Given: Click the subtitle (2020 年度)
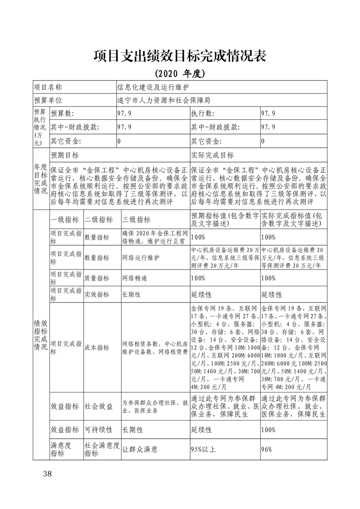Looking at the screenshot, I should tap(180, 73).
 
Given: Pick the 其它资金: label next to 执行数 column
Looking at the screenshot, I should tap(207, 141).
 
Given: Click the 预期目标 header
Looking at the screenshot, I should tap(65, 155).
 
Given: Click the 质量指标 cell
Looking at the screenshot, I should tap(97, 278).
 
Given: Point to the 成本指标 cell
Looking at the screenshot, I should tap(97, 347).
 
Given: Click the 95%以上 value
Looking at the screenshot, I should tap(203, 450).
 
